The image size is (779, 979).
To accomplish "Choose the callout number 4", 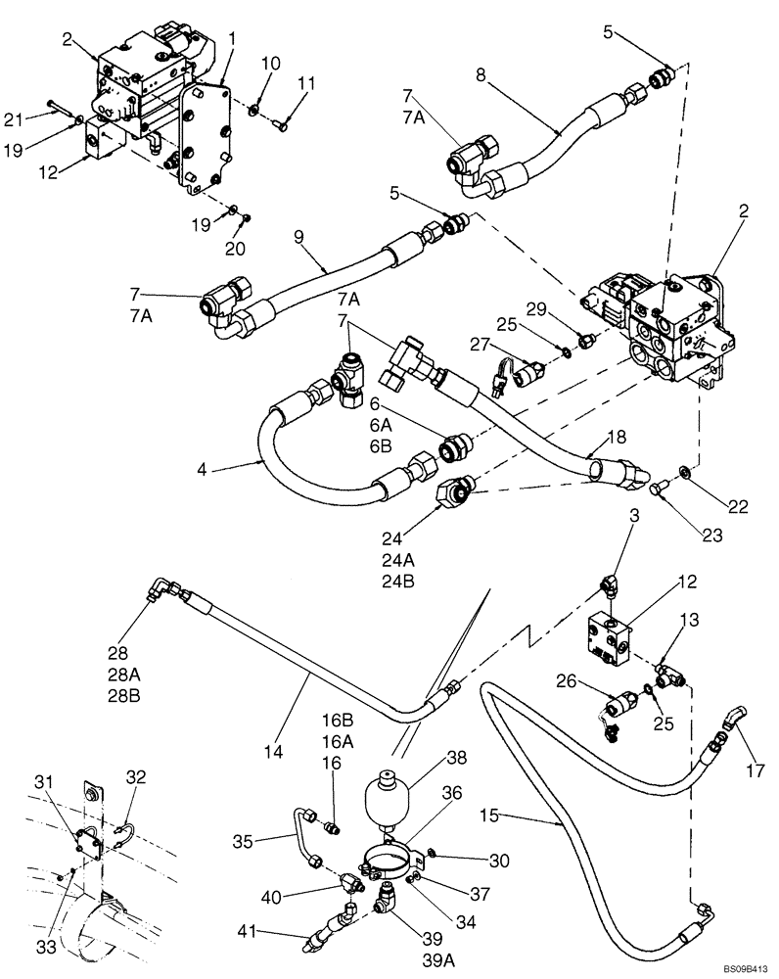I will (x=203, y=469).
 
